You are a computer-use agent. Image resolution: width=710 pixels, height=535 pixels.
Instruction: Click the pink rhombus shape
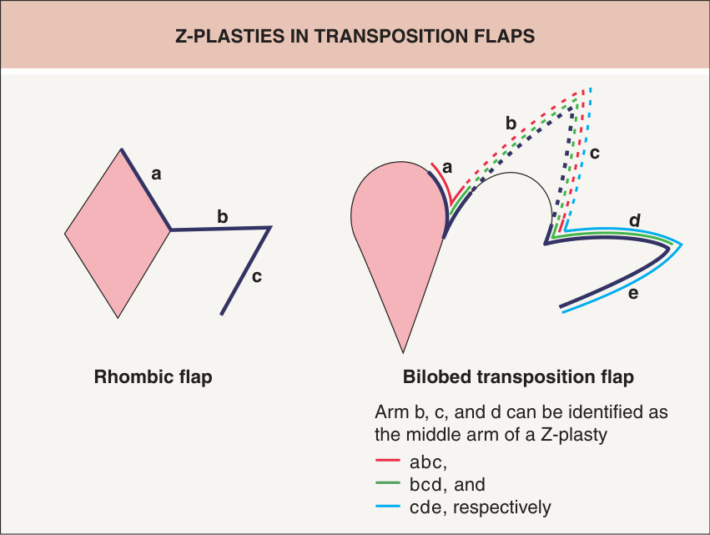(x=118, y=234)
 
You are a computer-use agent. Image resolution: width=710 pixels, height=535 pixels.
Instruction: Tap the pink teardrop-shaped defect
(x=399, y=235)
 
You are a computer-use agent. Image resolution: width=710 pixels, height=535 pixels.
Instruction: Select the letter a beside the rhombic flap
(x=156, y=174)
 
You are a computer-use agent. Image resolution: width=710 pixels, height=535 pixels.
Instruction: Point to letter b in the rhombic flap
(x=222, y=216)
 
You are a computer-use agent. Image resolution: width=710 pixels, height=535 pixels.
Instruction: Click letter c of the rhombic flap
(x=257, y=277)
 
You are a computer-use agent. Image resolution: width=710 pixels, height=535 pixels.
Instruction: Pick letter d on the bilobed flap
(x=635, y=220)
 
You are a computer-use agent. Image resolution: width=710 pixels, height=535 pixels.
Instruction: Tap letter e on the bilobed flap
(x=633, y=294)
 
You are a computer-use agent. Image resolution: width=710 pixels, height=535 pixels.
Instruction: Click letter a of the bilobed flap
(x=447, y=168)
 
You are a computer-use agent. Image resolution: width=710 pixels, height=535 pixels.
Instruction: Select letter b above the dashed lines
(x=511, y=123)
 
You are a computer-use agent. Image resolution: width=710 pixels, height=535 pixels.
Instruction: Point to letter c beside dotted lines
(x=595, y=154)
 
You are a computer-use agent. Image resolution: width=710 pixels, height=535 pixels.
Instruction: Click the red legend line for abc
(x=388, y=460)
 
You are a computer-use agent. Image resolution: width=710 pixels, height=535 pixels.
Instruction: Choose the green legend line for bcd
(x=388, y=483)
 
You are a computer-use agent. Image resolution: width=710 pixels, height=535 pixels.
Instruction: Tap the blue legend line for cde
(x=388, y=506)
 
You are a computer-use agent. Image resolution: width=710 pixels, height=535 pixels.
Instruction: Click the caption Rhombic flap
(x=153, y=377)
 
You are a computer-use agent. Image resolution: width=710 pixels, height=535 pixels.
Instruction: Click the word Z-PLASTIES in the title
(x=229, y=36)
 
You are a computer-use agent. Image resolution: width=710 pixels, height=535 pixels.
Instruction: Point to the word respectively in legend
(x=502, y=507)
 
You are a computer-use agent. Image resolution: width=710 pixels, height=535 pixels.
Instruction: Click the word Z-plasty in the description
(x=573, y=435)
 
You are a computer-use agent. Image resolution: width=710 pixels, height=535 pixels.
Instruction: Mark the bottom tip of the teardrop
(x=403, y=353)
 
